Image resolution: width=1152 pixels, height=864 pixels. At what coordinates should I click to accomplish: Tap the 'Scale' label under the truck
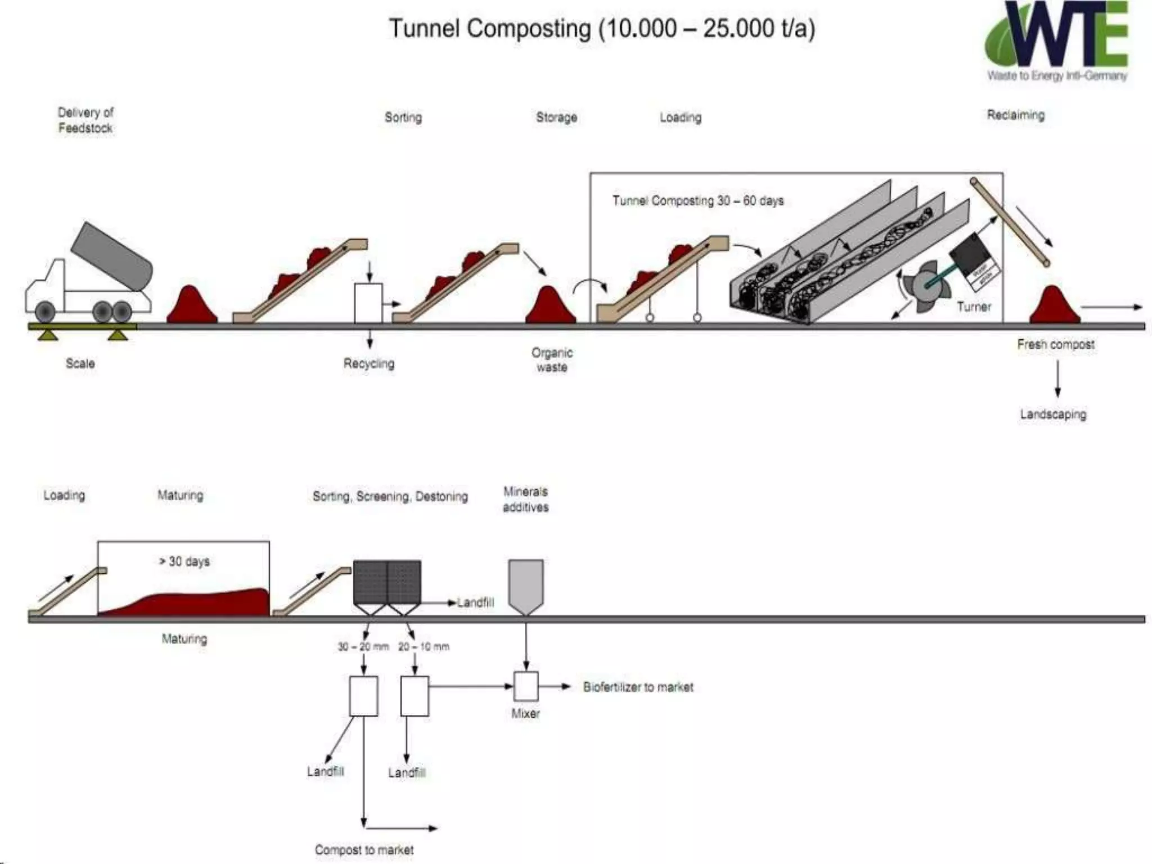tap(80, 363)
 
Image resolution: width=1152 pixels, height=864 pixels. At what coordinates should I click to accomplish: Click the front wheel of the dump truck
tap(45, 311)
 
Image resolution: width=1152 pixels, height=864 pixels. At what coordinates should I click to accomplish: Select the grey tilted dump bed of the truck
tap(112, 255)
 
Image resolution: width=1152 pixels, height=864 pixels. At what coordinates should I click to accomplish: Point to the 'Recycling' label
tap(369, 363)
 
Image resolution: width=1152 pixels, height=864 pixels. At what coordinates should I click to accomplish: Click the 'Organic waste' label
tap(552, 360)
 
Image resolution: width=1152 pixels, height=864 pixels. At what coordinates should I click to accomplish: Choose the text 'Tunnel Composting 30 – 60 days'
tap(697, 201)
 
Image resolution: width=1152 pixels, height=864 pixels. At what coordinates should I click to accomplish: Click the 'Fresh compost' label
tap(1056, 344)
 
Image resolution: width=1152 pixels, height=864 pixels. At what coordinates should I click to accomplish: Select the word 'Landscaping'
tap(1053, 415)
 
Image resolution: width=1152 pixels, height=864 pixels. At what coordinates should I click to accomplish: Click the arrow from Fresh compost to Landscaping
tap(1057, 379)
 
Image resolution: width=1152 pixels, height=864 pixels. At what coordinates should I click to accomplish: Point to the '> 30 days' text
tap(184, 561)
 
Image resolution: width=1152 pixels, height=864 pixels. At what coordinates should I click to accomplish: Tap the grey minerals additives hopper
tap(526, 585)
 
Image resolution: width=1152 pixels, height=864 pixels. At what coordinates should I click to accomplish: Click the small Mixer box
tap(526, 686)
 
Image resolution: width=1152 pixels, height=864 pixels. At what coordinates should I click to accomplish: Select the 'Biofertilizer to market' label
tap(638, 687)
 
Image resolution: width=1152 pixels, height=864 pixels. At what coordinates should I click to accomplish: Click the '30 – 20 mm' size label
tap(363, 647)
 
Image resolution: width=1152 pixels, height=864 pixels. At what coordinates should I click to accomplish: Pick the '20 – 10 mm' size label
tap(424, 647)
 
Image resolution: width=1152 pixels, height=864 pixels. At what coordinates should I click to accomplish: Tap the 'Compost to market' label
tap(364, 850)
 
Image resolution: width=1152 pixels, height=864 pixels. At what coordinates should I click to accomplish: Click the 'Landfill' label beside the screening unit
tap(476, 603)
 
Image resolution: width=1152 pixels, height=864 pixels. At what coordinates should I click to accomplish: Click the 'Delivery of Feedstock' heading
tap(85, 120)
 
